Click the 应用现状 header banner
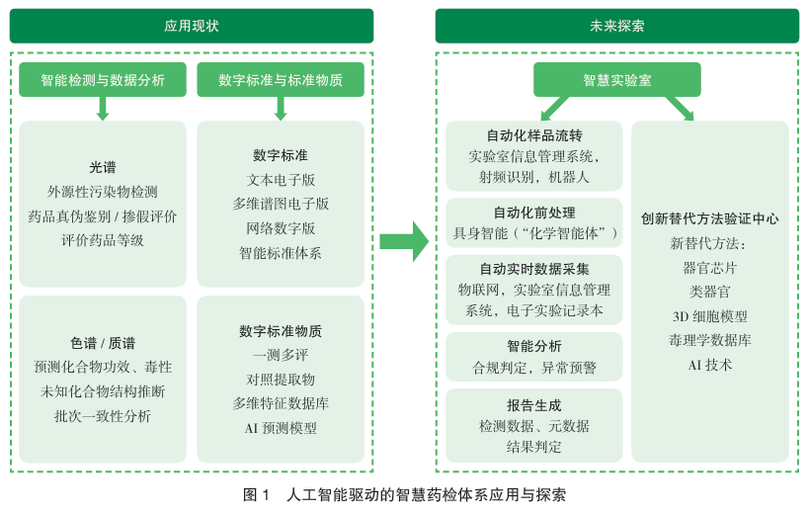(x=192, y=26)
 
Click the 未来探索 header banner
(x=617, y=26)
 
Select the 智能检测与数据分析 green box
(x=103, y=80)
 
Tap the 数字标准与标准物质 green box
(x=281, y=80)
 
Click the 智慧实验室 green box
(x=617, y=80)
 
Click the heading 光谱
(x=103, y=167)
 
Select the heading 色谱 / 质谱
(x=103, y=343)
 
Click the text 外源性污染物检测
(x=103, y=192)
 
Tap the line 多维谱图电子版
(x=281, y=204)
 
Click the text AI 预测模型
(x=281, y=428)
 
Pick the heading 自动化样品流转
(x=534, y=135)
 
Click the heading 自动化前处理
(x=534, y=213)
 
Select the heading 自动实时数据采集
(x=534, y=269)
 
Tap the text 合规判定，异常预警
(x=534, y=368)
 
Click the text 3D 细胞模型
(x=709, y=316)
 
